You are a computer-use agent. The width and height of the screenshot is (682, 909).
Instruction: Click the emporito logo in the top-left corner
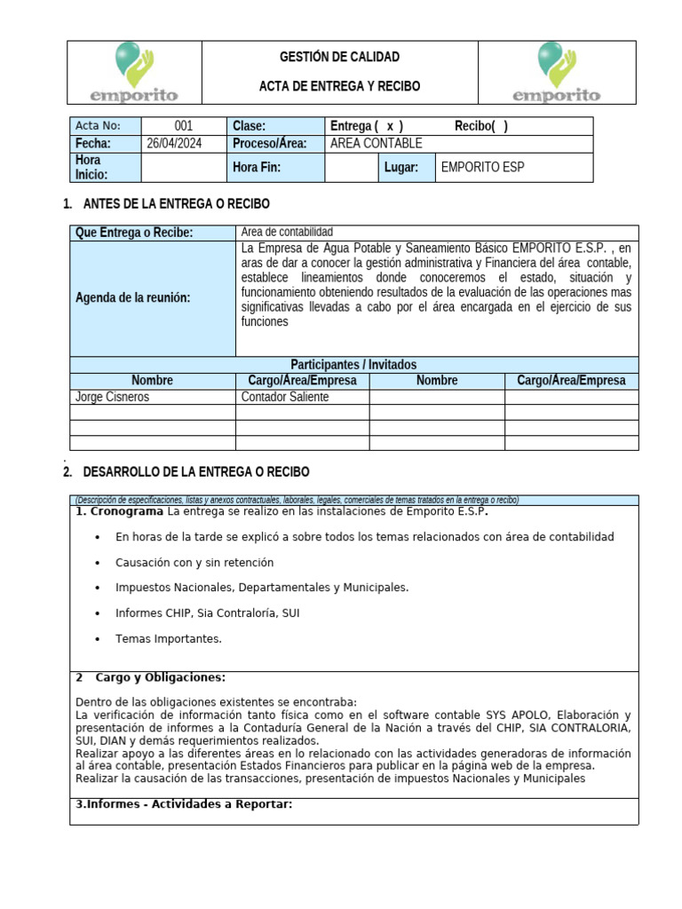click(134, 73)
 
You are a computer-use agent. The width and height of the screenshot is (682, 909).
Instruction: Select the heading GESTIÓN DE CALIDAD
click(339, 57)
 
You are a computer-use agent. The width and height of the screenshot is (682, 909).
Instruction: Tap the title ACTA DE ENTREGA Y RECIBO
click(339, 86)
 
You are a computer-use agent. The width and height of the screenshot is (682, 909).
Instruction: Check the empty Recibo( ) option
click(481, 126)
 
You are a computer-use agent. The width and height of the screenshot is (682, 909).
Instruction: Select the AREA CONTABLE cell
click(376, 143)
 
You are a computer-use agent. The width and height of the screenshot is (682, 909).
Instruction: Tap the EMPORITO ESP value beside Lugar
click(482, 167)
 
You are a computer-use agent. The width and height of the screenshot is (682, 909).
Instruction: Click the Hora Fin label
click(258, 167)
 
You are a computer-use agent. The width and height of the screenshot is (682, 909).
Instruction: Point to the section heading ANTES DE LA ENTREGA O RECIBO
click(176, 204)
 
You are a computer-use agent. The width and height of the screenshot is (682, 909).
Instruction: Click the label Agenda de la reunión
click(133, 297)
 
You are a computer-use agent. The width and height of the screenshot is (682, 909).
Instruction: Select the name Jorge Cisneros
click(113, 397)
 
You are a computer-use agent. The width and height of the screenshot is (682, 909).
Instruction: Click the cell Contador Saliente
click(284, 397)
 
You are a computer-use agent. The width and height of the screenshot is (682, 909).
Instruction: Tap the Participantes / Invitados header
click(353, 365)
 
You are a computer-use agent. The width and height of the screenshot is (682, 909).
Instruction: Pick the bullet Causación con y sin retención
click(194, 562)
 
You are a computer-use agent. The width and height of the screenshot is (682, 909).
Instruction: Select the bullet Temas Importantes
click(169, 638)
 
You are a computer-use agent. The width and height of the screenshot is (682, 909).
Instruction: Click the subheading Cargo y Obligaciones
click(160, 677)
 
